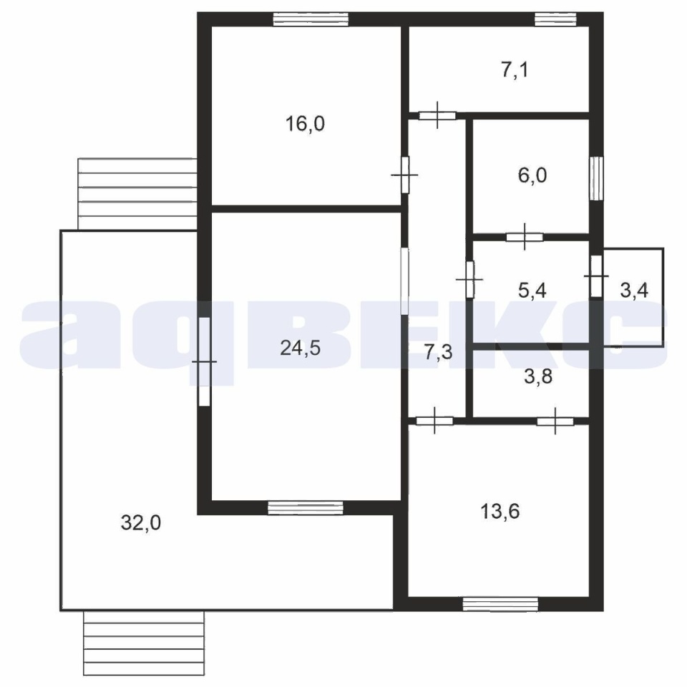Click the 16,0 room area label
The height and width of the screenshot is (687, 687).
[x=305, y=124]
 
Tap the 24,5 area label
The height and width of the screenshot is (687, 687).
[x=300, y=349]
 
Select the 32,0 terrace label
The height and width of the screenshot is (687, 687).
[x=141, y=522]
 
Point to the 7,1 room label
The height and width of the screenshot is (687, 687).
[x=515, y=70]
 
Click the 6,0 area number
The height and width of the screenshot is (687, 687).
[x=532, y=176]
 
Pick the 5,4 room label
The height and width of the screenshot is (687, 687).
[x=532, y=291]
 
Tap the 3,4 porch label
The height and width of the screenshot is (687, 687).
[x=634, y=291]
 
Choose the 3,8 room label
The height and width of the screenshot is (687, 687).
[x=538, y=377]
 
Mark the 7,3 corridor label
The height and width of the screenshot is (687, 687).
[x=438, y=352]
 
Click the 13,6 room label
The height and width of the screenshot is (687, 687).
[x=500, y=511]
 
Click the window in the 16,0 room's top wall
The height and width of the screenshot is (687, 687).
[x=311, y=19]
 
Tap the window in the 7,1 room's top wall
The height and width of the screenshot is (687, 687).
[x=555, y=19]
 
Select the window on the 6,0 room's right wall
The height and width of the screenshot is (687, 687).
[x=596, y=178]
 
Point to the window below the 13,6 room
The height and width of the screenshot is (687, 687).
[x=500, y=604]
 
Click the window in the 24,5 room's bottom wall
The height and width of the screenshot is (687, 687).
[x=306, y=507]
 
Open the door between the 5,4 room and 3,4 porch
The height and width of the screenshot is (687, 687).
[x=596, y=276]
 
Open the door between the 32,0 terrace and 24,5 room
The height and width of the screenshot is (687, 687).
[x=204, y=361]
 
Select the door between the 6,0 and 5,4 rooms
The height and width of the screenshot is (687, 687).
[x=525, y=237]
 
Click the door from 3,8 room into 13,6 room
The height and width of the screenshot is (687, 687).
[x=555, y=421]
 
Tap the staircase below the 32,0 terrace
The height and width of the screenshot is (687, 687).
[x=144, y=643]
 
